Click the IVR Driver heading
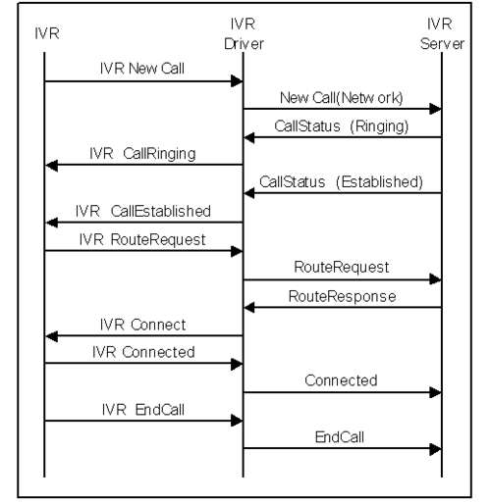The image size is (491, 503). tap(244, 34)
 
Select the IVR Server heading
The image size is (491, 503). tap(442, 34)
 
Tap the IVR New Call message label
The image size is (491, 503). tap(142, 69)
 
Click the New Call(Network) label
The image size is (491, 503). tap(342, 98)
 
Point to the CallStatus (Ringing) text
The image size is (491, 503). tap(342, 126)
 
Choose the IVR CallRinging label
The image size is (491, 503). tap(142, 154)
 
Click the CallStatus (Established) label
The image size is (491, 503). tap(341, 182)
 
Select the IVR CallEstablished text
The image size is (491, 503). tap(143, 211)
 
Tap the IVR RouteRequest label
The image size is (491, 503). tap(142, 240)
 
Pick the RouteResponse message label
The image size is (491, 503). tap(342, 297)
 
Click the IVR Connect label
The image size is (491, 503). tap(142, 325)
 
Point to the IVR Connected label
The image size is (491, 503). tap(143, 352)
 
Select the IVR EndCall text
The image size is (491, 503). tap(143, 410)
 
